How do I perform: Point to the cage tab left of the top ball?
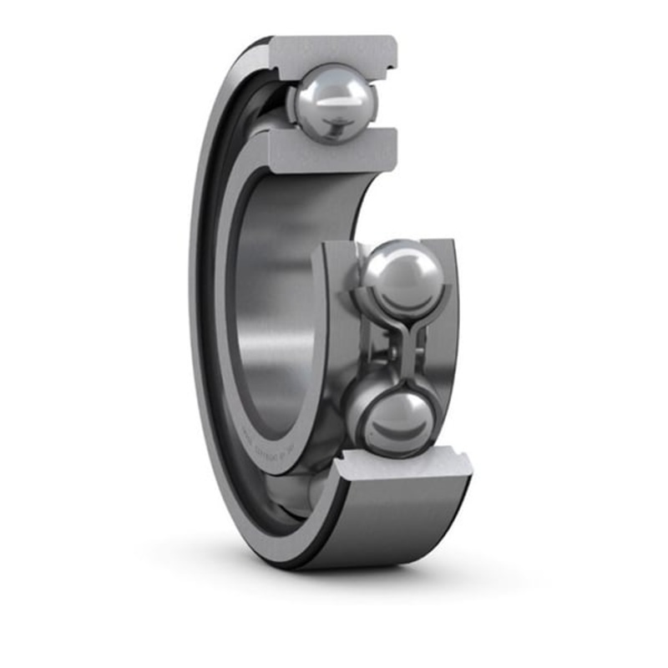(x=292, y=104)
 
